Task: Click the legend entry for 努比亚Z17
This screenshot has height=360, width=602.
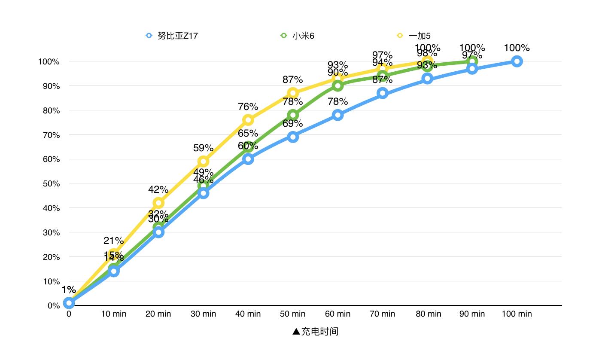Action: [x=172, y=36]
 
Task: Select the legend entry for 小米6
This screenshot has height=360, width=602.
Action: [x=297, y=36]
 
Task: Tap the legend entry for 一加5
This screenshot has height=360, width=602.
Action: [x=414, y=36]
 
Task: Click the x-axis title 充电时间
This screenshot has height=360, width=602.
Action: [x=315, y=331]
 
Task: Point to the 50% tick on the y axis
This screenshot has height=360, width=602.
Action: [x=51, y=183]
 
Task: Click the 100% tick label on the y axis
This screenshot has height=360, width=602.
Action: [x=49, y=61]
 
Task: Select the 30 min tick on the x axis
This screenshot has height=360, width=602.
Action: [x=203, y=314]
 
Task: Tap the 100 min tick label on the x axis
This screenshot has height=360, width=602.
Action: [x=517, y=314]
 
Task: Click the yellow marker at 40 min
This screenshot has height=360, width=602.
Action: [x=248, y=120]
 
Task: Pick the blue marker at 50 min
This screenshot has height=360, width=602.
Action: [x=293, y=137]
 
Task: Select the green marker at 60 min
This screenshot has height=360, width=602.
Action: [x=337, y=86]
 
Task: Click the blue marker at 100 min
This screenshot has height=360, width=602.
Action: [x=517, y=61]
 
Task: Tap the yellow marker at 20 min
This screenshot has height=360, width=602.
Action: [x=158, y=203]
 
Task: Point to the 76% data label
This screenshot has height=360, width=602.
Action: [x=248, y=107]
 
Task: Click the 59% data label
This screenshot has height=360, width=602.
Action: [x=203, y=148]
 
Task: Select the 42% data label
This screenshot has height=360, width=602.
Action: [x=158, y=189]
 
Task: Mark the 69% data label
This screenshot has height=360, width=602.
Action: [x=293, y=124]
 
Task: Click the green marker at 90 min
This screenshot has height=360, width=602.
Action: [x=472, y=61]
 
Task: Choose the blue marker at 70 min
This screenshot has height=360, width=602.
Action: [x=383, y=93]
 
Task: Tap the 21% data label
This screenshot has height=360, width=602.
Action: [x=113, y=241]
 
